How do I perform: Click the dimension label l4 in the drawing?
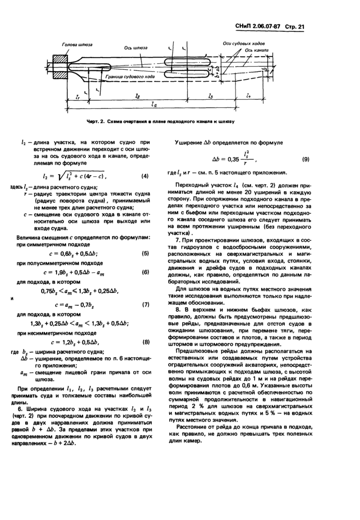click(248, 96)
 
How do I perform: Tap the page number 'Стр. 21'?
click(295, 26)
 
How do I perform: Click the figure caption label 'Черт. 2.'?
click(98, 121)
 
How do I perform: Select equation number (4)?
click(145, 176)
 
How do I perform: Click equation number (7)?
click(145, 304)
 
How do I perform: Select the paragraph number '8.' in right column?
click(178, 310)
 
